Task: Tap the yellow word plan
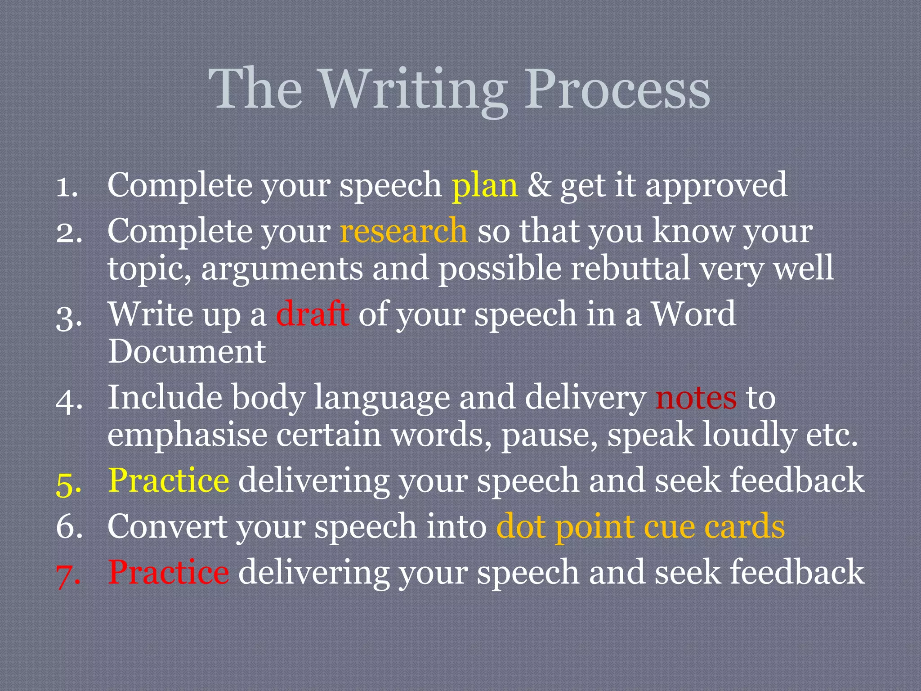pos(485,186)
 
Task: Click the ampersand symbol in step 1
pos(538,185)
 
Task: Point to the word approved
pos(716,186)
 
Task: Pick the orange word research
pos(403,231)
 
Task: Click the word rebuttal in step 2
pos(630,268)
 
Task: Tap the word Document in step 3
pos(187,351)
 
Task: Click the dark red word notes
pos(696,398)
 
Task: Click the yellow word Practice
pos(169,480)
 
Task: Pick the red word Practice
pos(169,572)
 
